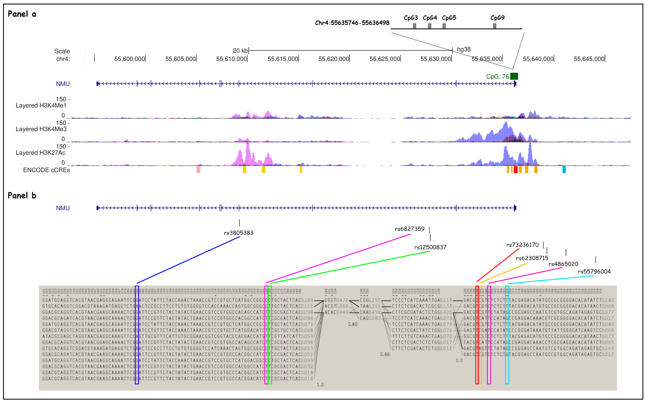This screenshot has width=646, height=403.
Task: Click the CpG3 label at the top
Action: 411,18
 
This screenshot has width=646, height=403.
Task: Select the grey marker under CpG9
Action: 494,26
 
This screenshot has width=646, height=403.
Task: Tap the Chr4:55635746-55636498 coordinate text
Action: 352,23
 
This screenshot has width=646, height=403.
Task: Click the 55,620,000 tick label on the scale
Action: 334,59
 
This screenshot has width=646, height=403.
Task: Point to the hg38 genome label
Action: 464,49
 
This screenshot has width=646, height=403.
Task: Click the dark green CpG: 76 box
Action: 514,76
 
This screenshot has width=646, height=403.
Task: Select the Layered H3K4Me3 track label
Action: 41,129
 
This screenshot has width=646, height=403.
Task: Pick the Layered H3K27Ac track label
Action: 41,153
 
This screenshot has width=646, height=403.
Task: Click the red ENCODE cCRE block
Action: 515,170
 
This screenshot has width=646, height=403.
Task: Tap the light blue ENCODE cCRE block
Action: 564,170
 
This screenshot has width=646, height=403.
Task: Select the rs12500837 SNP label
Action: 430,247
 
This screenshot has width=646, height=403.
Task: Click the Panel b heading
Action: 22,196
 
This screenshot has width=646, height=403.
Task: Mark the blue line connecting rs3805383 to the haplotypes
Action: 188,260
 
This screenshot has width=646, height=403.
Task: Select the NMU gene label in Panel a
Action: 63,84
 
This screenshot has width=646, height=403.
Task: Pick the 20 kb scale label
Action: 240,51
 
